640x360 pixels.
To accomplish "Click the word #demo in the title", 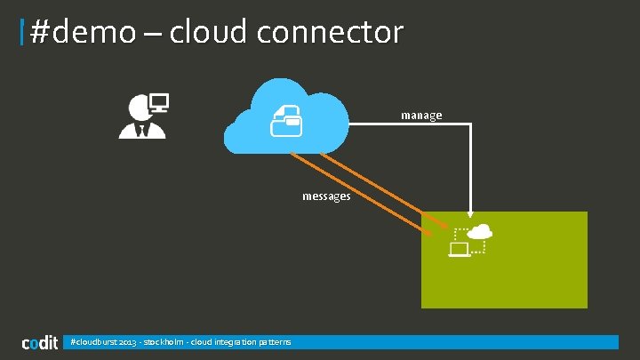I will [x=84, y=33].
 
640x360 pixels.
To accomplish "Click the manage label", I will [x=421, y=115].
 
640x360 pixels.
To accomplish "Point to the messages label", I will [x=326, y=196].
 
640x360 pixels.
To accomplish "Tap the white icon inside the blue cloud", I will [x=286, y=120].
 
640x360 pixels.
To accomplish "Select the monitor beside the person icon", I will [x=160, y=101].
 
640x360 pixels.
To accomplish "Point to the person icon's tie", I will [x=142, y=131].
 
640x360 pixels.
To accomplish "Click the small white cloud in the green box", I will [x=480, y=232].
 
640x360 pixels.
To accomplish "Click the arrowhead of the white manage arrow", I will [x=469, y=214].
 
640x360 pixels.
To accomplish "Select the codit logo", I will [x=40, y=342].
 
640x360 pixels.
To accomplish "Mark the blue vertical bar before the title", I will [x=22, y=34].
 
